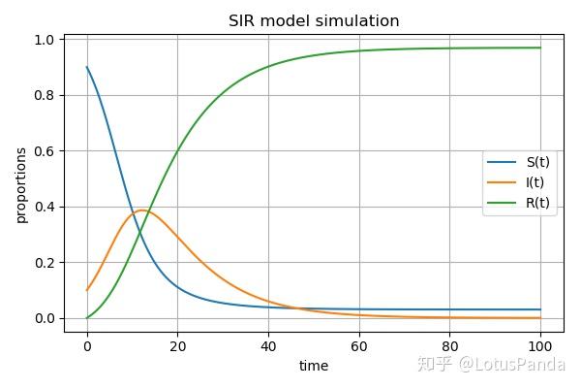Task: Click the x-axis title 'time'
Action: (314, 366)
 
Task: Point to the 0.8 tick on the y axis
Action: (45, 95)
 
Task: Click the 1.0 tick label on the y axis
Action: (45, 40)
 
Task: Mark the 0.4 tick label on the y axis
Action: (45, 207)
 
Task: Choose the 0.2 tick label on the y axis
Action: (45, 263)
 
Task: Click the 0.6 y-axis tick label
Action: (45, 151)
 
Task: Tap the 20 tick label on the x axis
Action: (177, 345)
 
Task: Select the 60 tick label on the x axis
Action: (359, 345)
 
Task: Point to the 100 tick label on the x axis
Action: (540, 345)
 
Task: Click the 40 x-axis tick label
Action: (268, 345)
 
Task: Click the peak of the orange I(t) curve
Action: (142, 210)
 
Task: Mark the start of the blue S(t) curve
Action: (87, 68)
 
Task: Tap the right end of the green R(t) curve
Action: (540, 48)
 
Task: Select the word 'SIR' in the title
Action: (242, 20)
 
